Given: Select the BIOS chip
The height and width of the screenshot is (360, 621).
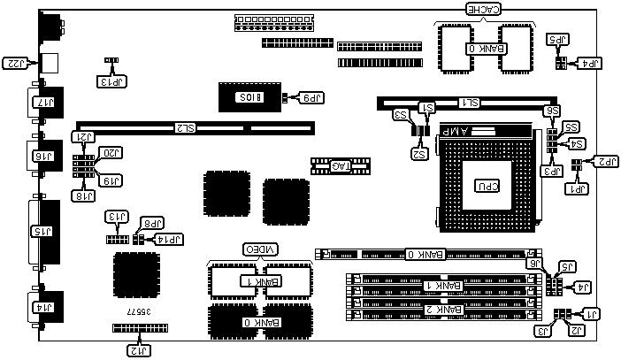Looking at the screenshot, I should [x=249, y=96].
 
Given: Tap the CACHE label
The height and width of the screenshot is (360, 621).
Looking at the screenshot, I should [x=485, y=10].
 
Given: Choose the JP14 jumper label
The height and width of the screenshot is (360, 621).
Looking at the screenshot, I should [x=168, y=239].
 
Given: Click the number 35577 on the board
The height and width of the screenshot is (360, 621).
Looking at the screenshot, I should [x=140, y=312].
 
